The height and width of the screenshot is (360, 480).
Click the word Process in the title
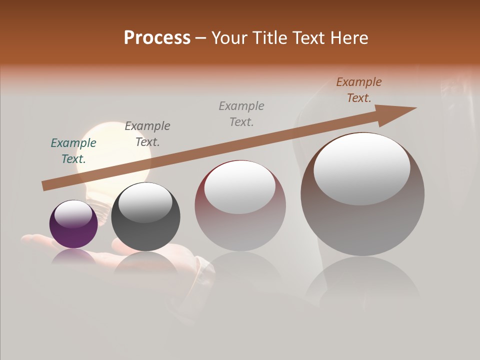pos(157,38)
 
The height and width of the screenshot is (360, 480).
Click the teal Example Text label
pos(73,151)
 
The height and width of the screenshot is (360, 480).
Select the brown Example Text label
pos(359,90)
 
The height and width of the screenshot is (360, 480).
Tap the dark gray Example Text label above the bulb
pos(147,133)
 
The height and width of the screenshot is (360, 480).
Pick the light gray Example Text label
pos(241,113)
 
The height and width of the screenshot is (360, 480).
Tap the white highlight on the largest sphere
pos(361,169)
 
